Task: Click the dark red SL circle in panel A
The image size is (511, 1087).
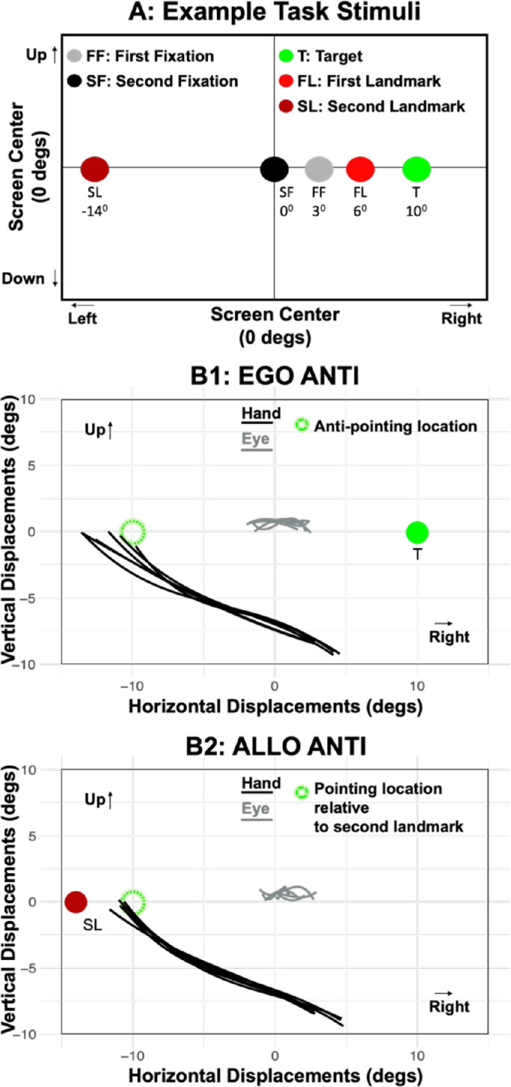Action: [95, 170]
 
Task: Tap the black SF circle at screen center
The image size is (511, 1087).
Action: [275, 170]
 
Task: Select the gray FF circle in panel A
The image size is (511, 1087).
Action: [319, 170]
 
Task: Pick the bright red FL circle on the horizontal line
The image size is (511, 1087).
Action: [361, 170]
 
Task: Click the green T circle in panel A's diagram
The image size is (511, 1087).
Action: [417, 170]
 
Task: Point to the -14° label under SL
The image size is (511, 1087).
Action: [95, 211]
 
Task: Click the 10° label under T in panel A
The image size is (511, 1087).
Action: [417, 211]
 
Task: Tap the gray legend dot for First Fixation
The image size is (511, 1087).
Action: [74, 56]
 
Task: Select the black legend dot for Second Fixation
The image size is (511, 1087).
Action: [74, 81]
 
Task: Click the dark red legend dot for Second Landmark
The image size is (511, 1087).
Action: [286, 106]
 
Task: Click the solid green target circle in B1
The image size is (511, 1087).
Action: [417, 532]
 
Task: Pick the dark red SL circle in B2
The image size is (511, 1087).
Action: [76, 902]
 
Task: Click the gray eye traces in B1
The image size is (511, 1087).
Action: [279, 524]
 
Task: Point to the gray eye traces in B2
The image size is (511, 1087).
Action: [287, 893]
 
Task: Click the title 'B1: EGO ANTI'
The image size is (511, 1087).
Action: [275, 376]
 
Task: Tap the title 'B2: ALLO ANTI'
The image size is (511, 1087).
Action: [276, 747]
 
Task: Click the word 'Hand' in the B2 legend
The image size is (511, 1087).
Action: [261, 783]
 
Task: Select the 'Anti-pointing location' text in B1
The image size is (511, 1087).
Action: [395, 426]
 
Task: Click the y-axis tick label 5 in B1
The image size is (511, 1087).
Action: [32, 466]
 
